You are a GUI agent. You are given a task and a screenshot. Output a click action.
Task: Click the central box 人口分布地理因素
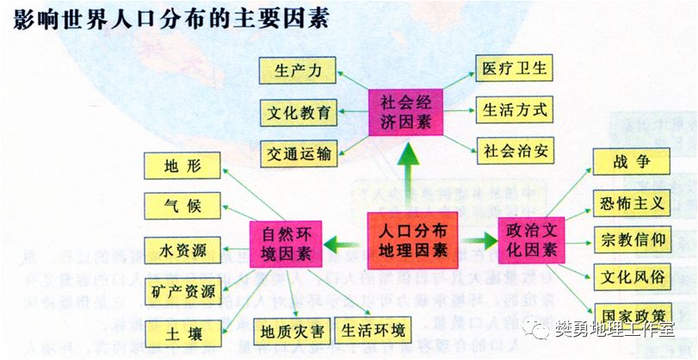[x=412, y=239]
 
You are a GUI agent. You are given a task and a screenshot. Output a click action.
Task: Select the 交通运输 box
[x=298, y=153]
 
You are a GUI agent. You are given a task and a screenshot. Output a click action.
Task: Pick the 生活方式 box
[x=515, y=109]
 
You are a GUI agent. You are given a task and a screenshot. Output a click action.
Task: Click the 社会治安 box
[x=515, y=150]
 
